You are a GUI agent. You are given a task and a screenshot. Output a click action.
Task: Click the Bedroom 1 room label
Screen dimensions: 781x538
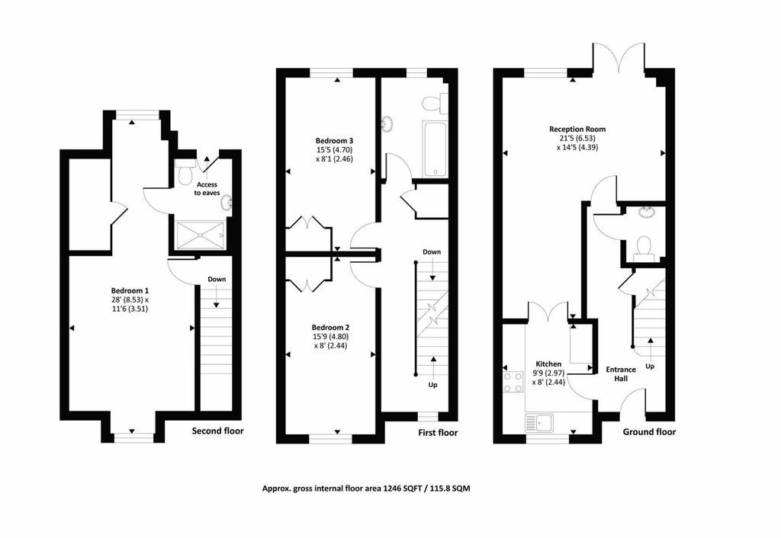coord(130,290)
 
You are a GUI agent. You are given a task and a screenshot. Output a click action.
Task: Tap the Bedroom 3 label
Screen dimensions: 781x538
coord(334,140)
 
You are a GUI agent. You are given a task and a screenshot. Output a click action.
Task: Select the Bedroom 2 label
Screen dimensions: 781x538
coord(330,328)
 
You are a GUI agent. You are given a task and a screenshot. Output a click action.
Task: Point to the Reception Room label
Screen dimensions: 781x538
coord(577,129)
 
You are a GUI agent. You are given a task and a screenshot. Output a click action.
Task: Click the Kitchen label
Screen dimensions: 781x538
coord(548,363)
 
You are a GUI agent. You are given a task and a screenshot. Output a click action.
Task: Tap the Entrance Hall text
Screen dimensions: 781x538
coord(621,373)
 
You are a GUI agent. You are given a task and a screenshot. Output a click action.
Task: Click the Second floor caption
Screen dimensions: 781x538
coord(217,431)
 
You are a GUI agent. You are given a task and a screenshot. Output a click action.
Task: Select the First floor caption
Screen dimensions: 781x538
coord(438,433)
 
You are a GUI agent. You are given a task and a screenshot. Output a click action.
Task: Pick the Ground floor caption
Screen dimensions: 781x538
coord(649,432)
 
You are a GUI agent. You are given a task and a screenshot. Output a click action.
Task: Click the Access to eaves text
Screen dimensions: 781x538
coord(207,189)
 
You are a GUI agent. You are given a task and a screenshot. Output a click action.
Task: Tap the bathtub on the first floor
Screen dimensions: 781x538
coord(435,149)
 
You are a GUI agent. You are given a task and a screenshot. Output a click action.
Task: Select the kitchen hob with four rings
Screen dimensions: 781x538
coord(513,383)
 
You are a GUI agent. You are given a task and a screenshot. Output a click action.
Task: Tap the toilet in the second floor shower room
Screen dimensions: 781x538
coord(185,171)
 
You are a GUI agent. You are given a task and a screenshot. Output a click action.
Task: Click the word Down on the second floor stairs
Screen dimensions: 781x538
coord(217,279)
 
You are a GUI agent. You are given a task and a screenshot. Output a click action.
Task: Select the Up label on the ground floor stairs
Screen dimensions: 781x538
coord(650,367)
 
